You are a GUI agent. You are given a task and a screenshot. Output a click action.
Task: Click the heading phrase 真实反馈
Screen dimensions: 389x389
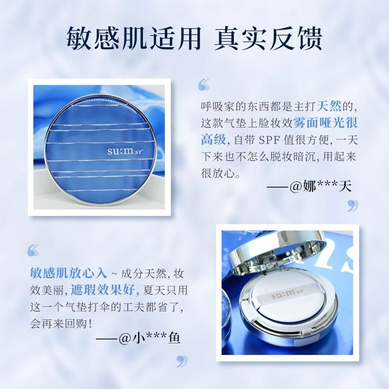click(268, 37)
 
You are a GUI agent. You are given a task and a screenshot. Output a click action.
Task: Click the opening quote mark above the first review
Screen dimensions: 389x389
click(203, 86)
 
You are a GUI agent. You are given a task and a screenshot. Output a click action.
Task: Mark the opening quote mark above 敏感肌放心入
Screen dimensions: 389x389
click(33, 250)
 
